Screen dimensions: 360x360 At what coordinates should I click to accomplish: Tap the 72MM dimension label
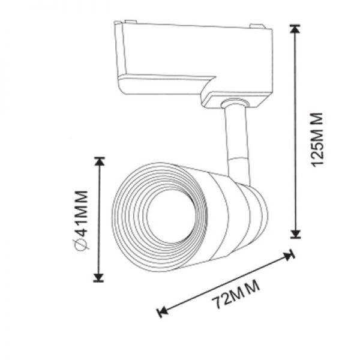click(236, 295)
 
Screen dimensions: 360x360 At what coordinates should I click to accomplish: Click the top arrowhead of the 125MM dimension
click(295, 29)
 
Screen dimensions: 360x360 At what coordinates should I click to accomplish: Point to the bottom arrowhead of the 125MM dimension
click(295, 233)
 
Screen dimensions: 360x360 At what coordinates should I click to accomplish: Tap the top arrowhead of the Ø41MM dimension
click(99, 161)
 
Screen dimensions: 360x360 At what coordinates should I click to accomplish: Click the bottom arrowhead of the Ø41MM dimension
click(99, 277)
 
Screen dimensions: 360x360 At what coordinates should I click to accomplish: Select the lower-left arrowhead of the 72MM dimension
click(163, 312)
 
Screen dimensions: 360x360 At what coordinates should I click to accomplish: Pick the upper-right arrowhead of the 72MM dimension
click(289, 255)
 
